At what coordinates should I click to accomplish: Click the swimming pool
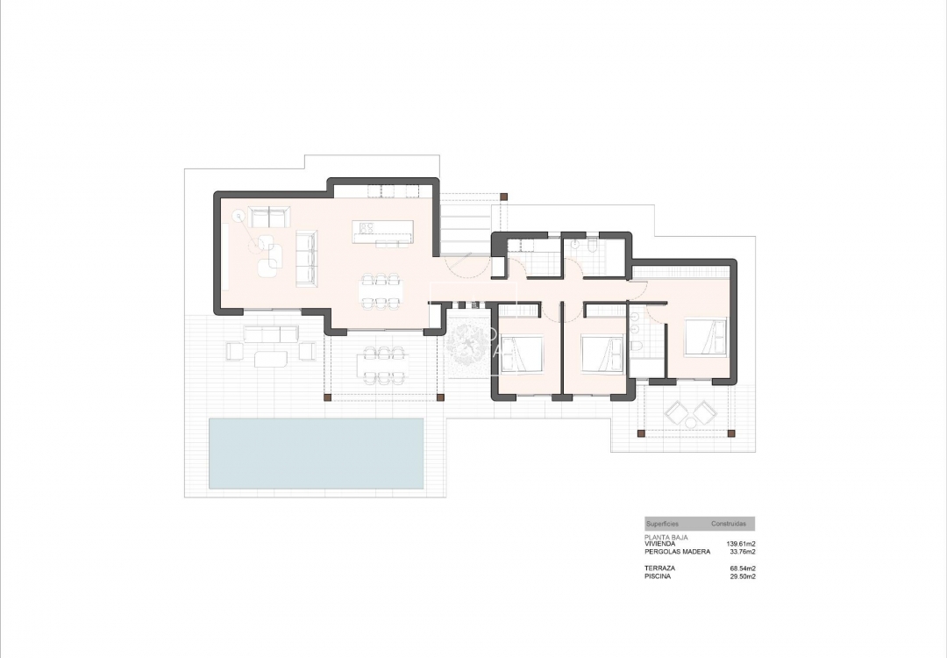tap(317, 453)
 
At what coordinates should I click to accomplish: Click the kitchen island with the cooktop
tap(382, 231)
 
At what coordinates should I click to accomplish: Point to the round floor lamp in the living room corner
tap(238, 215)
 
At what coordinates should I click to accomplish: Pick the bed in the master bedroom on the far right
tap(707, 337)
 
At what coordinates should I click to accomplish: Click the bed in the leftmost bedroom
tap(523, 354)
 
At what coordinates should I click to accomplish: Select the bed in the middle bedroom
tap(604, 354)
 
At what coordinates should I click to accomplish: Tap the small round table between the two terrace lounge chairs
tap(690, 423)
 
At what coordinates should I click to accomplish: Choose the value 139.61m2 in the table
tap(741, 544)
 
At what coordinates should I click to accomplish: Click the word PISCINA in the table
tap(658, 576)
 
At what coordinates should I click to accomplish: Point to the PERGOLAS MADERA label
tap(677, 552)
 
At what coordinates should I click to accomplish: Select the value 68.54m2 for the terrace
tap(743, 569)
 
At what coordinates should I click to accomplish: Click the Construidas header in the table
tap(729, 524)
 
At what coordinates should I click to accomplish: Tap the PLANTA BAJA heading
tap(666, 536)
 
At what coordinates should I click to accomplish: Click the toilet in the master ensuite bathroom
tap(637, 349)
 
